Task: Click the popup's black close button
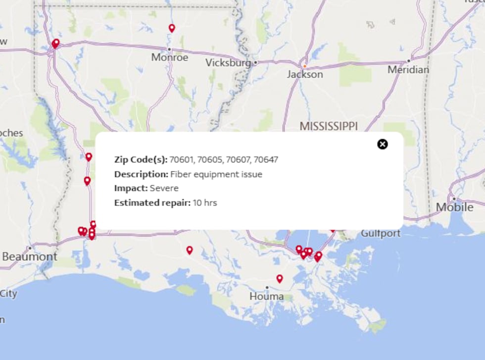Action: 383,144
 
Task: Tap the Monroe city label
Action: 170,57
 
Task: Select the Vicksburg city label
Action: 228,63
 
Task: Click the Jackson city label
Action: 305,74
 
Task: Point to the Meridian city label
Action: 408,70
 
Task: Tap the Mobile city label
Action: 454,207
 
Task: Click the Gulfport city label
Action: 381,233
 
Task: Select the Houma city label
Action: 267,297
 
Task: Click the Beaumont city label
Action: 30,257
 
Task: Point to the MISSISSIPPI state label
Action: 329,126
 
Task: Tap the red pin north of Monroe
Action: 172,28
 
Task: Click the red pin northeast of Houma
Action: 280,279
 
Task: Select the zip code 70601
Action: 181,159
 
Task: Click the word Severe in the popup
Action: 164,188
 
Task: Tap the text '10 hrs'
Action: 205,203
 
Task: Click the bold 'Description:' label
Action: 142,174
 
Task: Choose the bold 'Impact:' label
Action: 131,188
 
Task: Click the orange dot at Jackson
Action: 305,65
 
